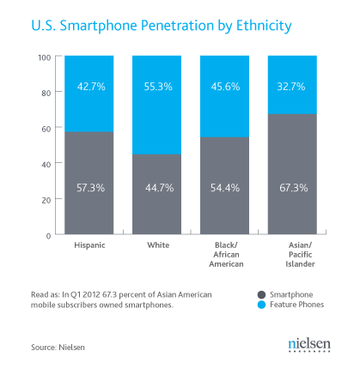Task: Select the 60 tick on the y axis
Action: pos(46,128)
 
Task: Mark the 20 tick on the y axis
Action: pos(46,199)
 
